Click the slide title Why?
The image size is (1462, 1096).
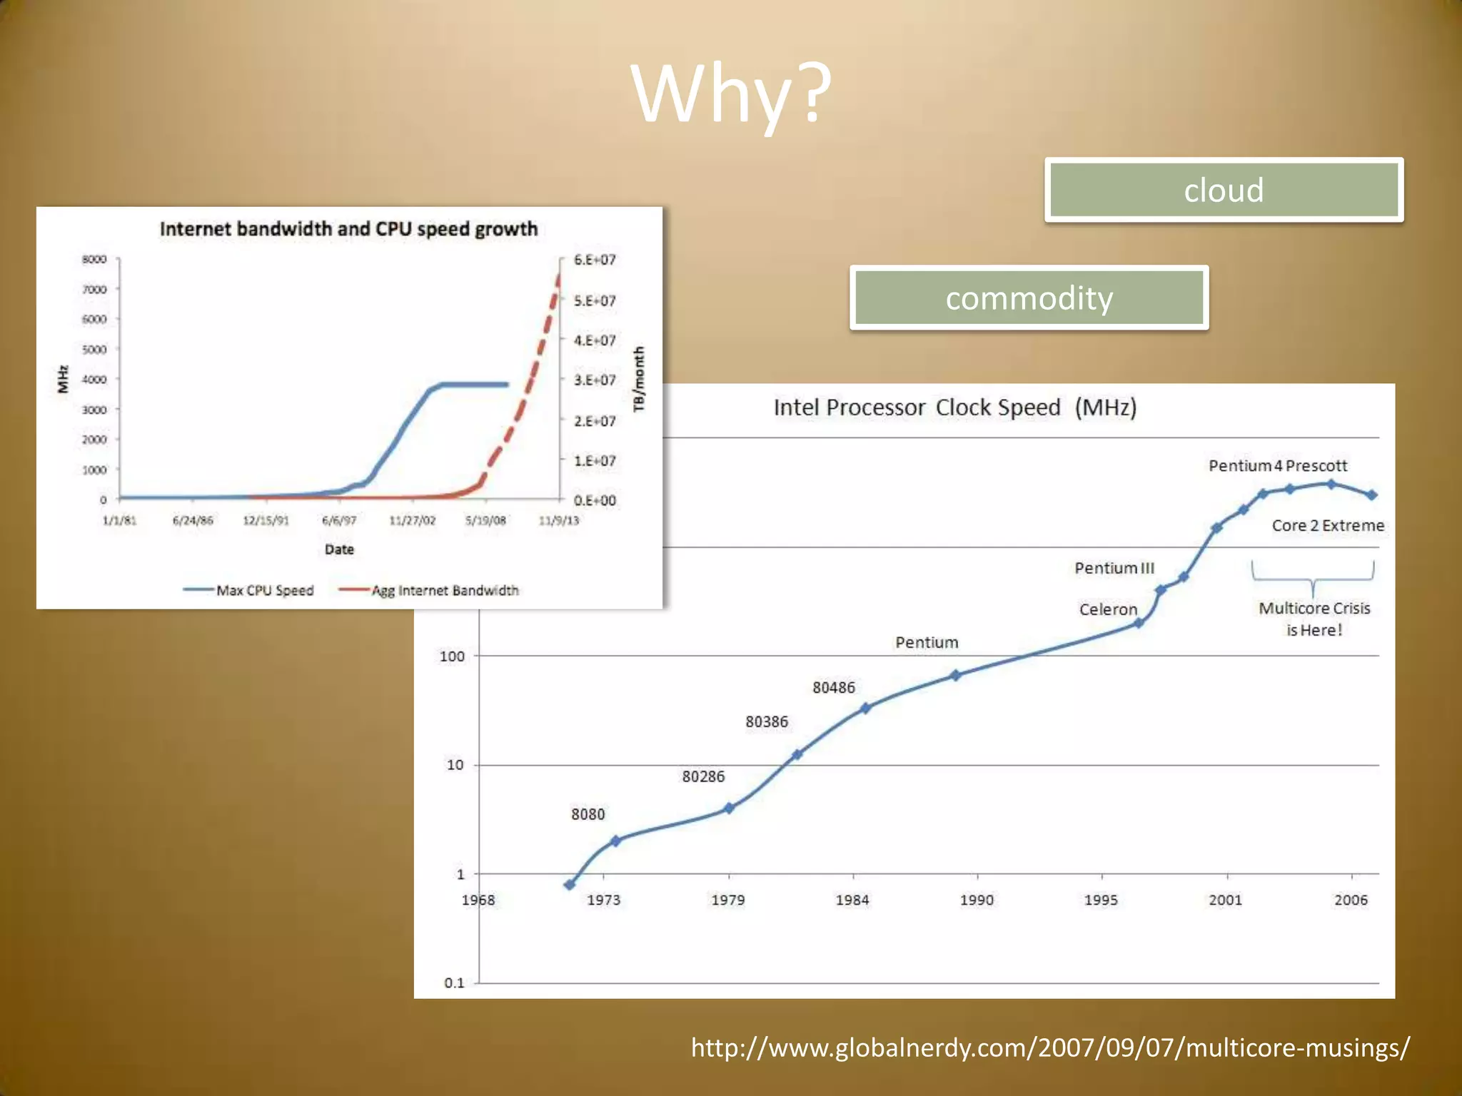click(x=731, y=94)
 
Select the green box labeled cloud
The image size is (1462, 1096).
click(x=1224, y=191)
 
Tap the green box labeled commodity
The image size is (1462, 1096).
click(x=1029, y=298)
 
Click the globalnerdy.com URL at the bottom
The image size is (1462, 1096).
click(x=1050, y=1047)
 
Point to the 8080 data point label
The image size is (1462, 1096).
click(x=588, y=814)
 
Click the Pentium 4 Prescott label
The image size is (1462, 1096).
click(x=1277, y=466)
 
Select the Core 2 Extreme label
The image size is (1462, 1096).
click(x=1327, y=526)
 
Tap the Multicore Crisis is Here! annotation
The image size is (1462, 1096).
click(x=1314, y=619)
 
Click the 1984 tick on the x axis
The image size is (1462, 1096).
click(x=852, y=900)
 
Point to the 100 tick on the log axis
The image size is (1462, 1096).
click(x=452, y=656)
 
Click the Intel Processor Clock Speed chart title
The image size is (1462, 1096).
click(x=954, y=407)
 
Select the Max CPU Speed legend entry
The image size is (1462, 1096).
click(x=264, y=590)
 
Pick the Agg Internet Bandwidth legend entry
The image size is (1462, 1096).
click(x=444, y=590)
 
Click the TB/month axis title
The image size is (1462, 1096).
click(x=639, y=379)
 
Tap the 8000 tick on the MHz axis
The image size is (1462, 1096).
click(x=94, y=259)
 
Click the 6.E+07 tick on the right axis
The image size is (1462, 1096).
click(x=595, y=260)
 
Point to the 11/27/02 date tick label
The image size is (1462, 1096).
click(x=412, y=520)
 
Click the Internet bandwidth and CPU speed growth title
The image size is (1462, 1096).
click(x=348, y=229)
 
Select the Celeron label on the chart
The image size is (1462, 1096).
click(x=1107, y=609)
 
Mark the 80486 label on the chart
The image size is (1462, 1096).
click(x=833, y=687)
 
